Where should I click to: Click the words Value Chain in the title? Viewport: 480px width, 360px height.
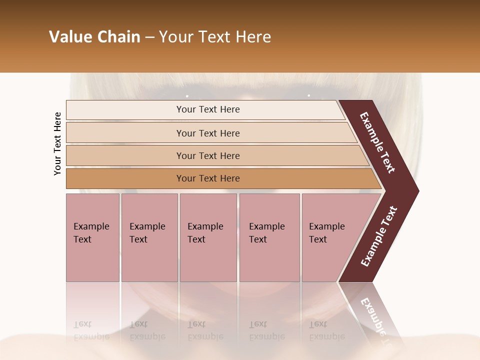click(x=94, y=37)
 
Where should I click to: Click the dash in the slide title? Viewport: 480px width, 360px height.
click(x=149, y=37)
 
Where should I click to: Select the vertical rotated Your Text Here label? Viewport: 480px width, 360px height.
click(x=57, y=143)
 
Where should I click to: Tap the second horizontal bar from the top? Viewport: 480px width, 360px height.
click(x=207, y=133)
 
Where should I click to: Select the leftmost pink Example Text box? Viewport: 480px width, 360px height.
click(x=92, y=237)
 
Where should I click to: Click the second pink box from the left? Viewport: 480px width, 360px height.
click(x=149, y=237)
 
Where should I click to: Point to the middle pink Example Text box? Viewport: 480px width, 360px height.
click(x=208, y=237)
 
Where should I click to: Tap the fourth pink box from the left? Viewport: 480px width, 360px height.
click(x=269, y=237)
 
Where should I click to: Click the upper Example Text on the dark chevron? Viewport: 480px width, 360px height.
click(x=377, y=142)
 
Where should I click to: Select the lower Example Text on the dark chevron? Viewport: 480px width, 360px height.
click(x=379, y=236)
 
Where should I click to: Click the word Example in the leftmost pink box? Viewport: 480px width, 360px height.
click(x=91, y=226)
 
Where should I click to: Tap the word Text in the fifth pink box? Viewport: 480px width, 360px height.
click(x=317, y=239)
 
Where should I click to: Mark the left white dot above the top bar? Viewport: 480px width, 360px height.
click(x=187, y=96)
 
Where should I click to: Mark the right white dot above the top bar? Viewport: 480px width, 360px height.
click(x=308, y=95)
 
